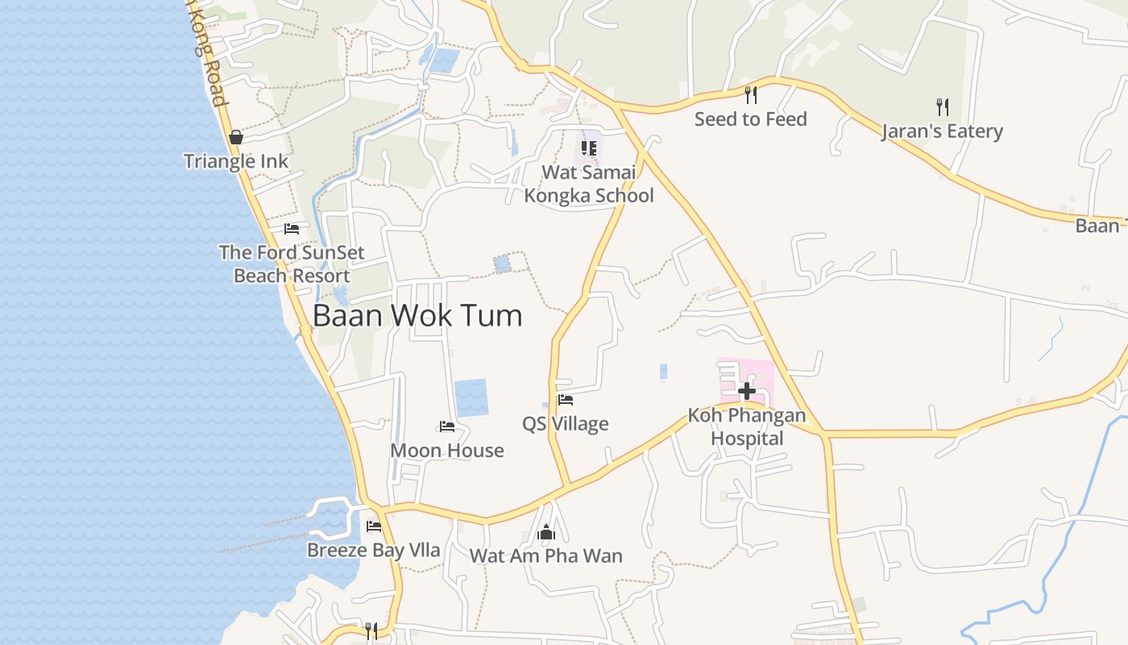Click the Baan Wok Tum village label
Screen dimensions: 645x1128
coord(417,315)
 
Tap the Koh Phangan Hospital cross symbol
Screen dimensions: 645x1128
coord(747,391)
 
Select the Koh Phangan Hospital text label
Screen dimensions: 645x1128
coord(747,427)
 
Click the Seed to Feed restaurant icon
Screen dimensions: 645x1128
coord(751,95)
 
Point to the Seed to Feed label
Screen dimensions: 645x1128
coord(751,119)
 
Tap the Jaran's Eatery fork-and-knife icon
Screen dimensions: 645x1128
coord(942,106)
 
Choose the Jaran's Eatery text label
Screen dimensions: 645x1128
coord(942,131)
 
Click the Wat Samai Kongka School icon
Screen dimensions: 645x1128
coord(589,148)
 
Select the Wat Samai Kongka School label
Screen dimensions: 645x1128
coord(589,184)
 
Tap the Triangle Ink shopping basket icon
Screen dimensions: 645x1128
coord(236,137)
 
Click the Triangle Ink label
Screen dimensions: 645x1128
coord(236,161)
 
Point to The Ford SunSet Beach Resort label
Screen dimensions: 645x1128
coord(292,264)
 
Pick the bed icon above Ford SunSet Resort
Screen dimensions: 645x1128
coord(292,229)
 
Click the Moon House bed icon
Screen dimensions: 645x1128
coord(447,426)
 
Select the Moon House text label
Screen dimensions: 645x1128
coord(447,451)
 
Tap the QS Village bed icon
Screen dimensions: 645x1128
coord(566,399)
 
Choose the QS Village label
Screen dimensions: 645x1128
coord(566,424)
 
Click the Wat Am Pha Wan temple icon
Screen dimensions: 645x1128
coord(546,532)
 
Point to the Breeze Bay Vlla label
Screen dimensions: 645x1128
coord(374,551)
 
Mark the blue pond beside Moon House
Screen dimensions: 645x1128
coord(471,397)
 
